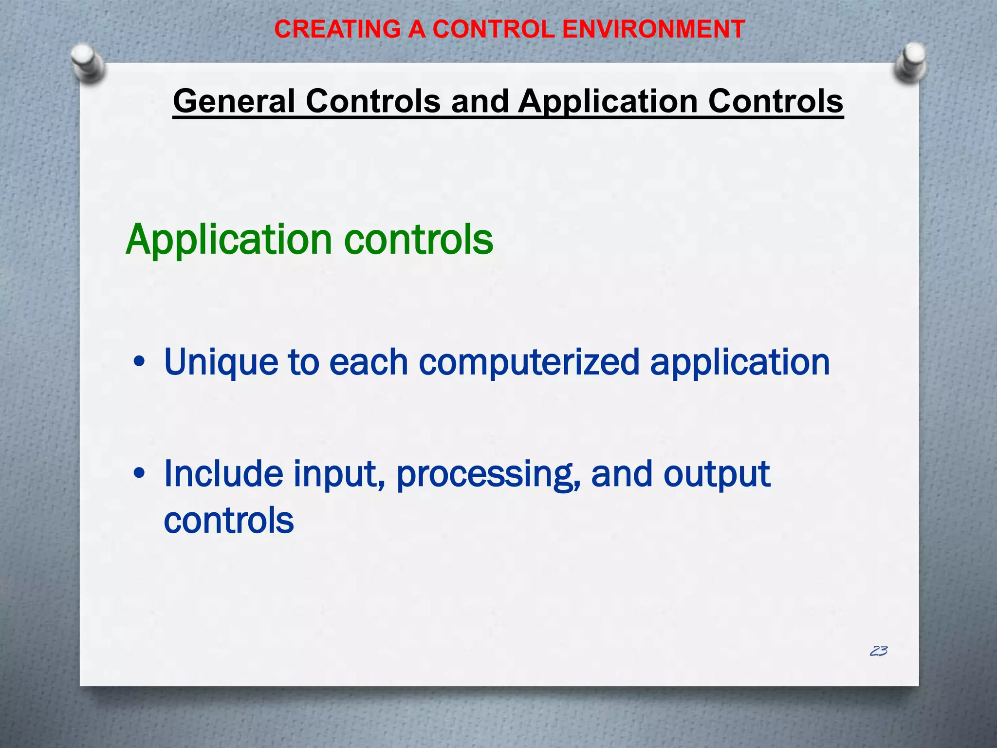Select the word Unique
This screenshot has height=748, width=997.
tap(221, 363)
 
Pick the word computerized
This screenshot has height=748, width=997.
tap(529, 363)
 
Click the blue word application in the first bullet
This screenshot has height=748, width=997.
tap(740, 363)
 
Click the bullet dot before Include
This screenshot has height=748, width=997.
tap(139, 473)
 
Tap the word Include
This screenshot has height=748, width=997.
tap(223, 474)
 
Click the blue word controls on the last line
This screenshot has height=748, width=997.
tap(229, 520)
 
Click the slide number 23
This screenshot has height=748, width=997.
tap(879, 651)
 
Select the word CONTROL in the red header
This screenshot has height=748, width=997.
tap(493, 29)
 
